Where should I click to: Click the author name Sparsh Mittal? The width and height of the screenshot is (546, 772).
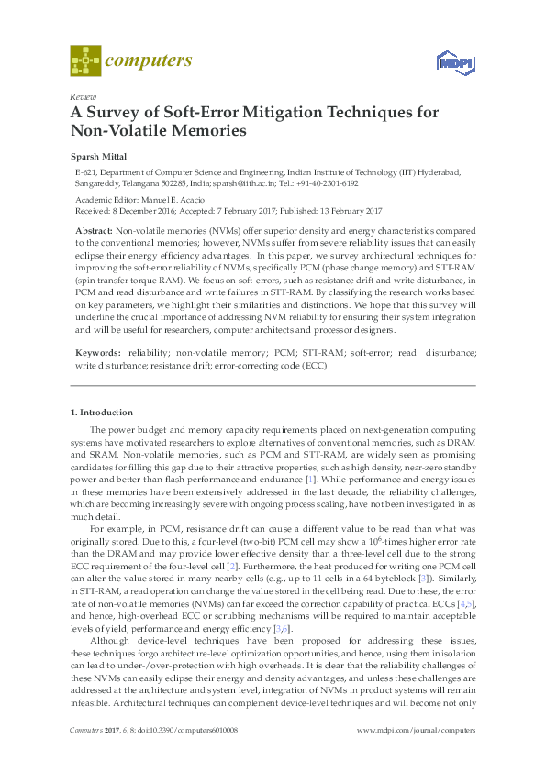[x=98, y=156]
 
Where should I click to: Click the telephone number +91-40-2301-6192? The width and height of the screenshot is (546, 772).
[x=325, y=182]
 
